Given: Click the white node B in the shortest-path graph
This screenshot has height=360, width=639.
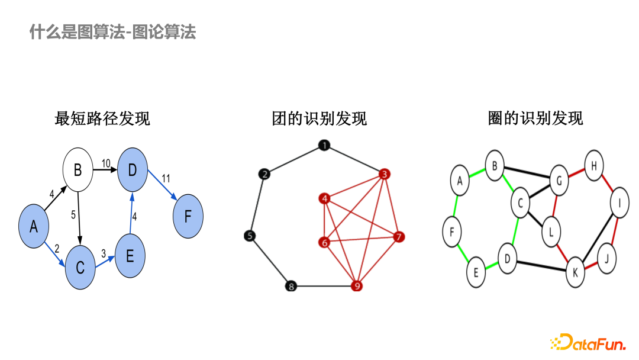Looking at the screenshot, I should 78,172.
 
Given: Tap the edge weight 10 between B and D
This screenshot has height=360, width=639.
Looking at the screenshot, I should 106,163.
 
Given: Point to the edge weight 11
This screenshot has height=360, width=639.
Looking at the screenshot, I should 166,178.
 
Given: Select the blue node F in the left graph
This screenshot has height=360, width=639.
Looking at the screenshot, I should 188,216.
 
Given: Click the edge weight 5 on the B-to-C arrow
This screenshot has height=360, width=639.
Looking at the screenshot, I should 73,215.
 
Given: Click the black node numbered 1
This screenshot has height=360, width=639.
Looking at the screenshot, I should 324,146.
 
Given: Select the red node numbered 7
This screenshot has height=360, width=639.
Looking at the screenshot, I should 399,237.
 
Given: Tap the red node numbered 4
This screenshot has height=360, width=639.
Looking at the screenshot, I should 324,199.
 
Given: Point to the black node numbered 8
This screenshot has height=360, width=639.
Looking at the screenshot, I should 291,287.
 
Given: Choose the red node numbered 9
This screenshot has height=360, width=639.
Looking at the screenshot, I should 356,287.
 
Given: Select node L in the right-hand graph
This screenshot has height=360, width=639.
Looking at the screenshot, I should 551,232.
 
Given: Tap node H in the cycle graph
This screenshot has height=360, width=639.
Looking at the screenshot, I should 593,166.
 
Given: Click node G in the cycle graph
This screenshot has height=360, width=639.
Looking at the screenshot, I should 557,178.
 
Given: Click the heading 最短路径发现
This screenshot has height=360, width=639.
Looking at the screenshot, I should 102,118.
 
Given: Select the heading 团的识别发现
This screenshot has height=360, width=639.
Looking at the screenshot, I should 319,118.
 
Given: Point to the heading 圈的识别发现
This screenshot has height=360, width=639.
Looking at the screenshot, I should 535,118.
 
